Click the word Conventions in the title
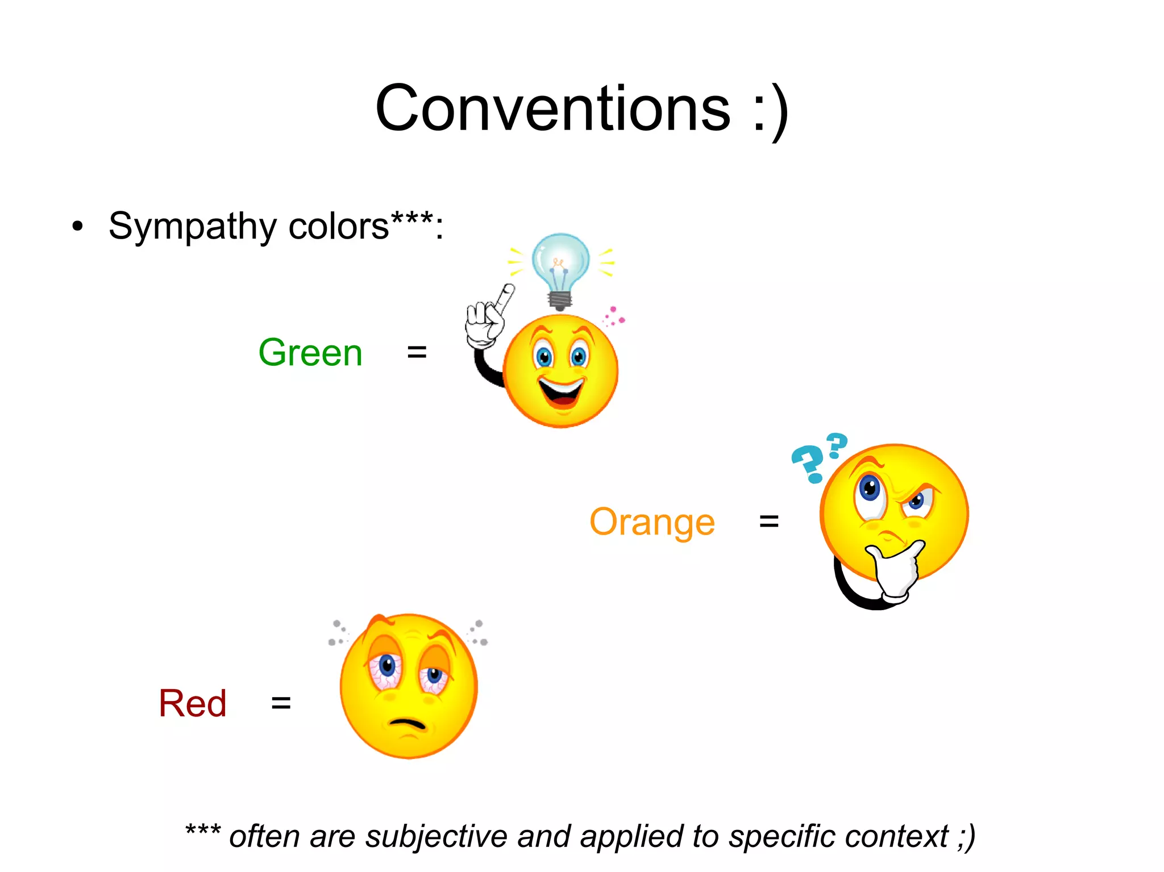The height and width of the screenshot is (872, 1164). [x=552, y=109]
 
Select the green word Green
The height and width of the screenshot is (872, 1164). [x=310, y=353]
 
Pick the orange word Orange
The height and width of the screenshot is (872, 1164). [x=652, y=522]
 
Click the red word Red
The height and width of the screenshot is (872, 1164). [x=193, y=703]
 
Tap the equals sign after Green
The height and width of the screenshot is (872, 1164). [x=417, y=352]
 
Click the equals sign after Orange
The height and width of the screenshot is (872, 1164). [x=769, y=521]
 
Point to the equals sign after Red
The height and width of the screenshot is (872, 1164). [x=281, y=703]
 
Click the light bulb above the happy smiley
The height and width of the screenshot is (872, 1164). [x=560, y=267]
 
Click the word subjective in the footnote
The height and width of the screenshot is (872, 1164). [x=436, y=837]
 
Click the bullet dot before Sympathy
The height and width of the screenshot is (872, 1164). [x=78, y=227]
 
